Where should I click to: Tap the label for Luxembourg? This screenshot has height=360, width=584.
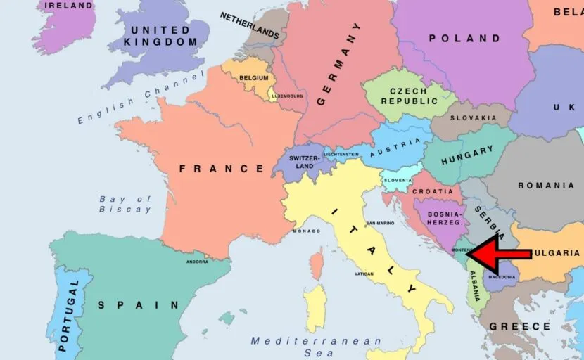(288, 96)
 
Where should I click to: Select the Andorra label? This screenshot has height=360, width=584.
(197, 262)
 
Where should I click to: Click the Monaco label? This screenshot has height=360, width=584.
(306, 231)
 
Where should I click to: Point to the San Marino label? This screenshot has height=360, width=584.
(379, 223)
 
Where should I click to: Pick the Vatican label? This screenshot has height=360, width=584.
(364, 274)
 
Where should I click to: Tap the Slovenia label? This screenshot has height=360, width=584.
(398, 180)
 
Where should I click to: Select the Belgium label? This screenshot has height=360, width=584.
(254, 78)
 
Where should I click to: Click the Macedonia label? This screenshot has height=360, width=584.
(502, 277)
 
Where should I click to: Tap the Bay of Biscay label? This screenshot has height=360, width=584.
(125, 204)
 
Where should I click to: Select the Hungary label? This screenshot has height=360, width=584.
(467, 156)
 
